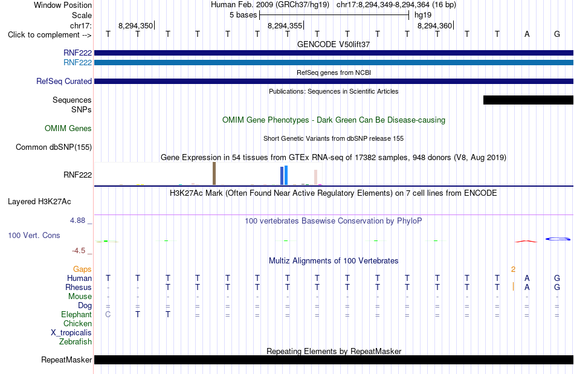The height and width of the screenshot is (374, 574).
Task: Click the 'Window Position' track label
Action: (x=63, y=5)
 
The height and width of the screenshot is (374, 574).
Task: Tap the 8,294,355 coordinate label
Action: (x=285, y=25)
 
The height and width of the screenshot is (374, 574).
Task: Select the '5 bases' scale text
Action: (x=243, y=15)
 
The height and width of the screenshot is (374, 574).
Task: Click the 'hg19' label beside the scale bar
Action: (x=423, y=15)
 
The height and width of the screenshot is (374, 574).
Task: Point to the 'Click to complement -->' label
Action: (x=50, y=35)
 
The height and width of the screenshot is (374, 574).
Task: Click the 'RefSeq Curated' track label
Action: (x=63, y=81)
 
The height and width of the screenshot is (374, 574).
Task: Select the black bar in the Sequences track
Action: (x=528, y=100)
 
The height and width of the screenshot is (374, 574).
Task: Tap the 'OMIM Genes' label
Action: (x=68, y=129)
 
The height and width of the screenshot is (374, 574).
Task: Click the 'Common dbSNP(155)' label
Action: (x=54, y=147)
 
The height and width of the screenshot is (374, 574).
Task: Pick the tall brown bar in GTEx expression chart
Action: (x=214, y=173)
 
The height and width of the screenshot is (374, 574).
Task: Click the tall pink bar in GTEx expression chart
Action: (x=315, y=177)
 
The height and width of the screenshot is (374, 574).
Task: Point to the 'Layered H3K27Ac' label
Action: (x=39, y=202)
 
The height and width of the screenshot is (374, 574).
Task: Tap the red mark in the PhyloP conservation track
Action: (x=526, y=241)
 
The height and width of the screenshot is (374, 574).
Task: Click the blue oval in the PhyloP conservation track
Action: (x=558, y=239)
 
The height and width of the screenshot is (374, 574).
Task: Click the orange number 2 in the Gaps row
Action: (x=513, y=269)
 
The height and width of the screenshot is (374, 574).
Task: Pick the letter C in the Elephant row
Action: (x=108, y=314)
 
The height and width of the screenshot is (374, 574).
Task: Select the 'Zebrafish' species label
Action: (x=76, y=342)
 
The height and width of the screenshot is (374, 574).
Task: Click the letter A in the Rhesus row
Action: (x=527, y=287)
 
